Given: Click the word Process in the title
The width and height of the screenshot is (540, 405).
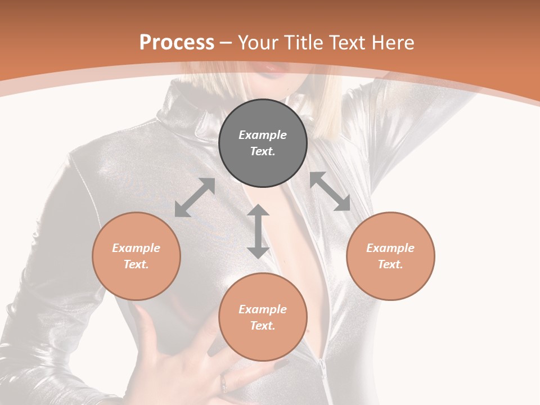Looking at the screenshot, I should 177,43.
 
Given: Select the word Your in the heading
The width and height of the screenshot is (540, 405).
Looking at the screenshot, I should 258,43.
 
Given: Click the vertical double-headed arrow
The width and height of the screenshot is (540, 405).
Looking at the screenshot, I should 258,231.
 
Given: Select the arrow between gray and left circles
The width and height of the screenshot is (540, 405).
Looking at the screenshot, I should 195,197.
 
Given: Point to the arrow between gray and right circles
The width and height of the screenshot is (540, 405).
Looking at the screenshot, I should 330,191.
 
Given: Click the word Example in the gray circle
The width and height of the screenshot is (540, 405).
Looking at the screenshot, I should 263,135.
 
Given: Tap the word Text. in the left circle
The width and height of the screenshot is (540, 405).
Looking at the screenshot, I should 136,264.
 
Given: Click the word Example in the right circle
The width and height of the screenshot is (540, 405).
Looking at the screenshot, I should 390,248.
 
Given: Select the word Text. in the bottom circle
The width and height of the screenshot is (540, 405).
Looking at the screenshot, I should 263,326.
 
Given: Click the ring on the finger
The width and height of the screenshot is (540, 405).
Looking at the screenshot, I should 224,384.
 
